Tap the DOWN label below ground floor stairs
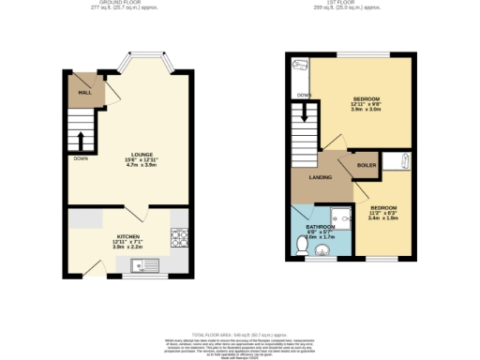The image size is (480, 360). pos(81,158)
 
